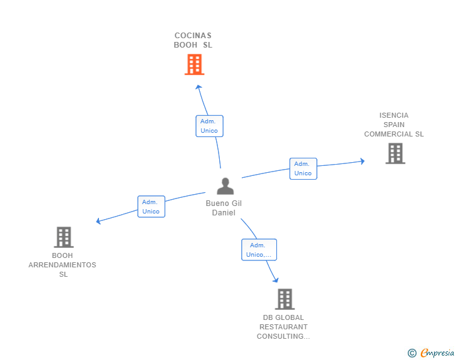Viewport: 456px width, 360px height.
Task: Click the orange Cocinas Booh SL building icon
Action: click(194, 64)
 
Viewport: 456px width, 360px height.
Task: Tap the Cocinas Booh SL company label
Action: click(193, 40)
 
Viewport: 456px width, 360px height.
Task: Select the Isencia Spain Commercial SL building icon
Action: click(395, 153)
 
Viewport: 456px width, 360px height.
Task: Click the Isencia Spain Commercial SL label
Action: click(394, 125)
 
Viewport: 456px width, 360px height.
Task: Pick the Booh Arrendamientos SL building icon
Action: click(63, 237)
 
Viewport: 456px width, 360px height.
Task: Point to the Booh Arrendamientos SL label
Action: click(63, 265)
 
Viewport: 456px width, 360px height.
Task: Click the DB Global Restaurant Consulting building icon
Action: click(284, 299)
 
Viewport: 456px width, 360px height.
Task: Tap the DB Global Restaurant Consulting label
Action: click(283, 327)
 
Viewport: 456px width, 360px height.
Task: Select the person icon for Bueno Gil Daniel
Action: click(225, 186)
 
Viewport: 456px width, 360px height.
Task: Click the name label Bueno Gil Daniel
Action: click(224, 208)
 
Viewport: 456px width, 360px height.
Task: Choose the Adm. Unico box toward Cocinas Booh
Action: click(209, 126)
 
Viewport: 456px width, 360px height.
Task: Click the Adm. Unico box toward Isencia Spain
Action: click(303, 168)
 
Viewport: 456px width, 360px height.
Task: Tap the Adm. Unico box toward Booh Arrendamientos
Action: click(151, 207)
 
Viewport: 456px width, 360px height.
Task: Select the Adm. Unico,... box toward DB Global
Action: click(259, 250)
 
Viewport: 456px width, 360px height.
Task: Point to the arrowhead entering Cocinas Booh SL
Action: click(198, 87)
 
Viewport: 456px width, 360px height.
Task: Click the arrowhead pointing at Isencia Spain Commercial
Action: click(361, 161)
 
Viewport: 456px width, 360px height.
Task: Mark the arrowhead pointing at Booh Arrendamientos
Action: click(98, 221)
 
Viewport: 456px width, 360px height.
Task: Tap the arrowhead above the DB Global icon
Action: click(276, 280)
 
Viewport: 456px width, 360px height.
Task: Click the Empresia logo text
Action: click(437, 353)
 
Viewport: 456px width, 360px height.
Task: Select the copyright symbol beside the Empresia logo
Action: click(412, 353)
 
